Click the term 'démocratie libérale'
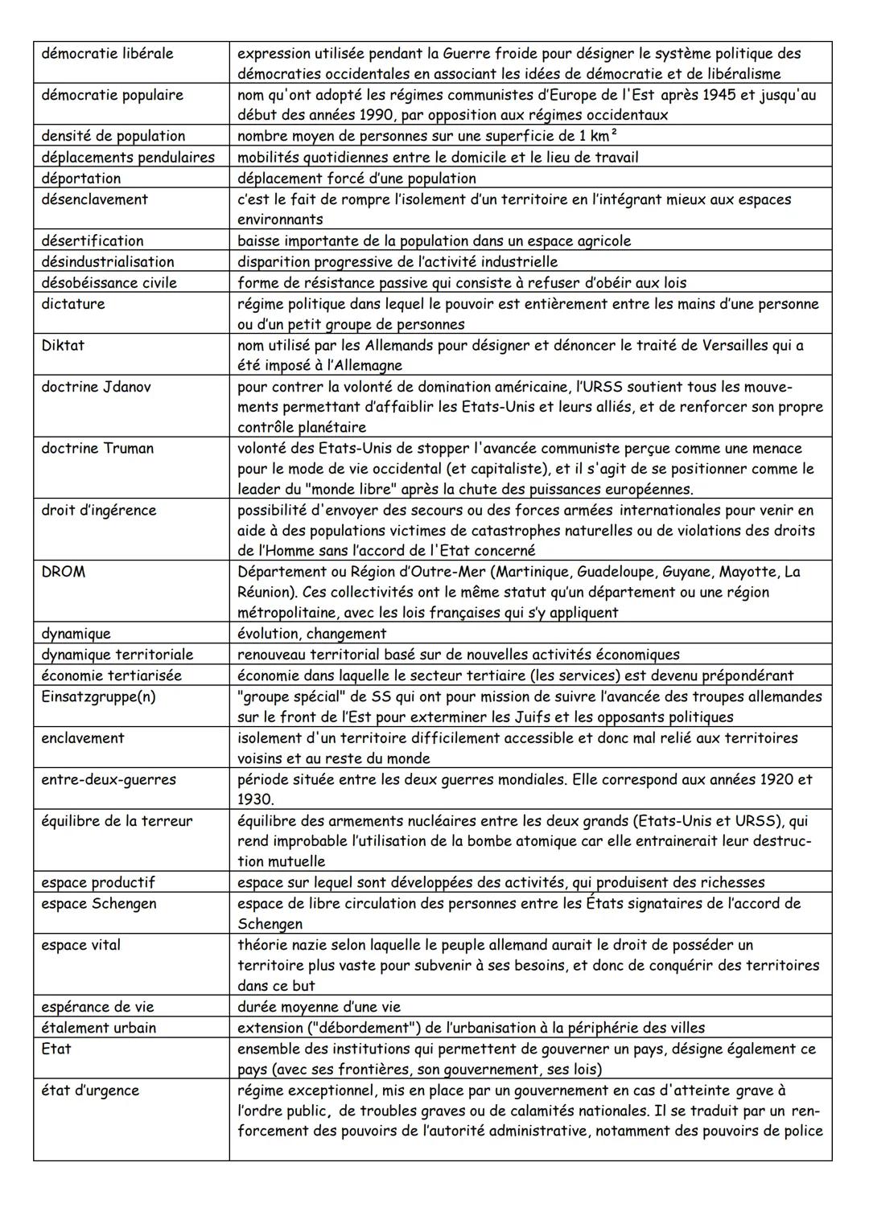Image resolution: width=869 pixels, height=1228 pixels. (107, 54)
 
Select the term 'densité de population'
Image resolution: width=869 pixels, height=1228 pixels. (113, 136)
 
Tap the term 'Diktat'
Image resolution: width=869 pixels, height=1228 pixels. (63, 345)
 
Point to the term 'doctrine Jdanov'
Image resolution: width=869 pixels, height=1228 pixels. (97, 387)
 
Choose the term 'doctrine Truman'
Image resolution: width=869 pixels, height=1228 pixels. (97, 448)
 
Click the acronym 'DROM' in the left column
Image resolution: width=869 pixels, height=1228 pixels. (64, 572)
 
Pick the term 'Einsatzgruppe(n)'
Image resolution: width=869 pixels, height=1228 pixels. (98, 696)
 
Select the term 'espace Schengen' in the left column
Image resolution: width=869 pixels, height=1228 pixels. (99, 903)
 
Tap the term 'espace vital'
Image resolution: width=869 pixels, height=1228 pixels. (81, 945)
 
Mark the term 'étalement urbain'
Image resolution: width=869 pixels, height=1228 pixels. (99, 1028)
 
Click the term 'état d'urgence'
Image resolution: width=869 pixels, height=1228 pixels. (90, 1090)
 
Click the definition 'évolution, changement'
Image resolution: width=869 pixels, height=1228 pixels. (311, 634)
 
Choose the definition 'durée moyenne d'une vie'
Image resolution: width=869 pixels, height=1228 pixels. (319, 1007)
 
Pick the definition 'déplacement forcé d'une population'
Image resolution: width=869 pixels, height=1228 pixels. (356, 179)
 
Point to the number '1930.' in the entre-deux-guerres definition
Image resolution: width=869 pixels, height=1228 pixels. (255, 799)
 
